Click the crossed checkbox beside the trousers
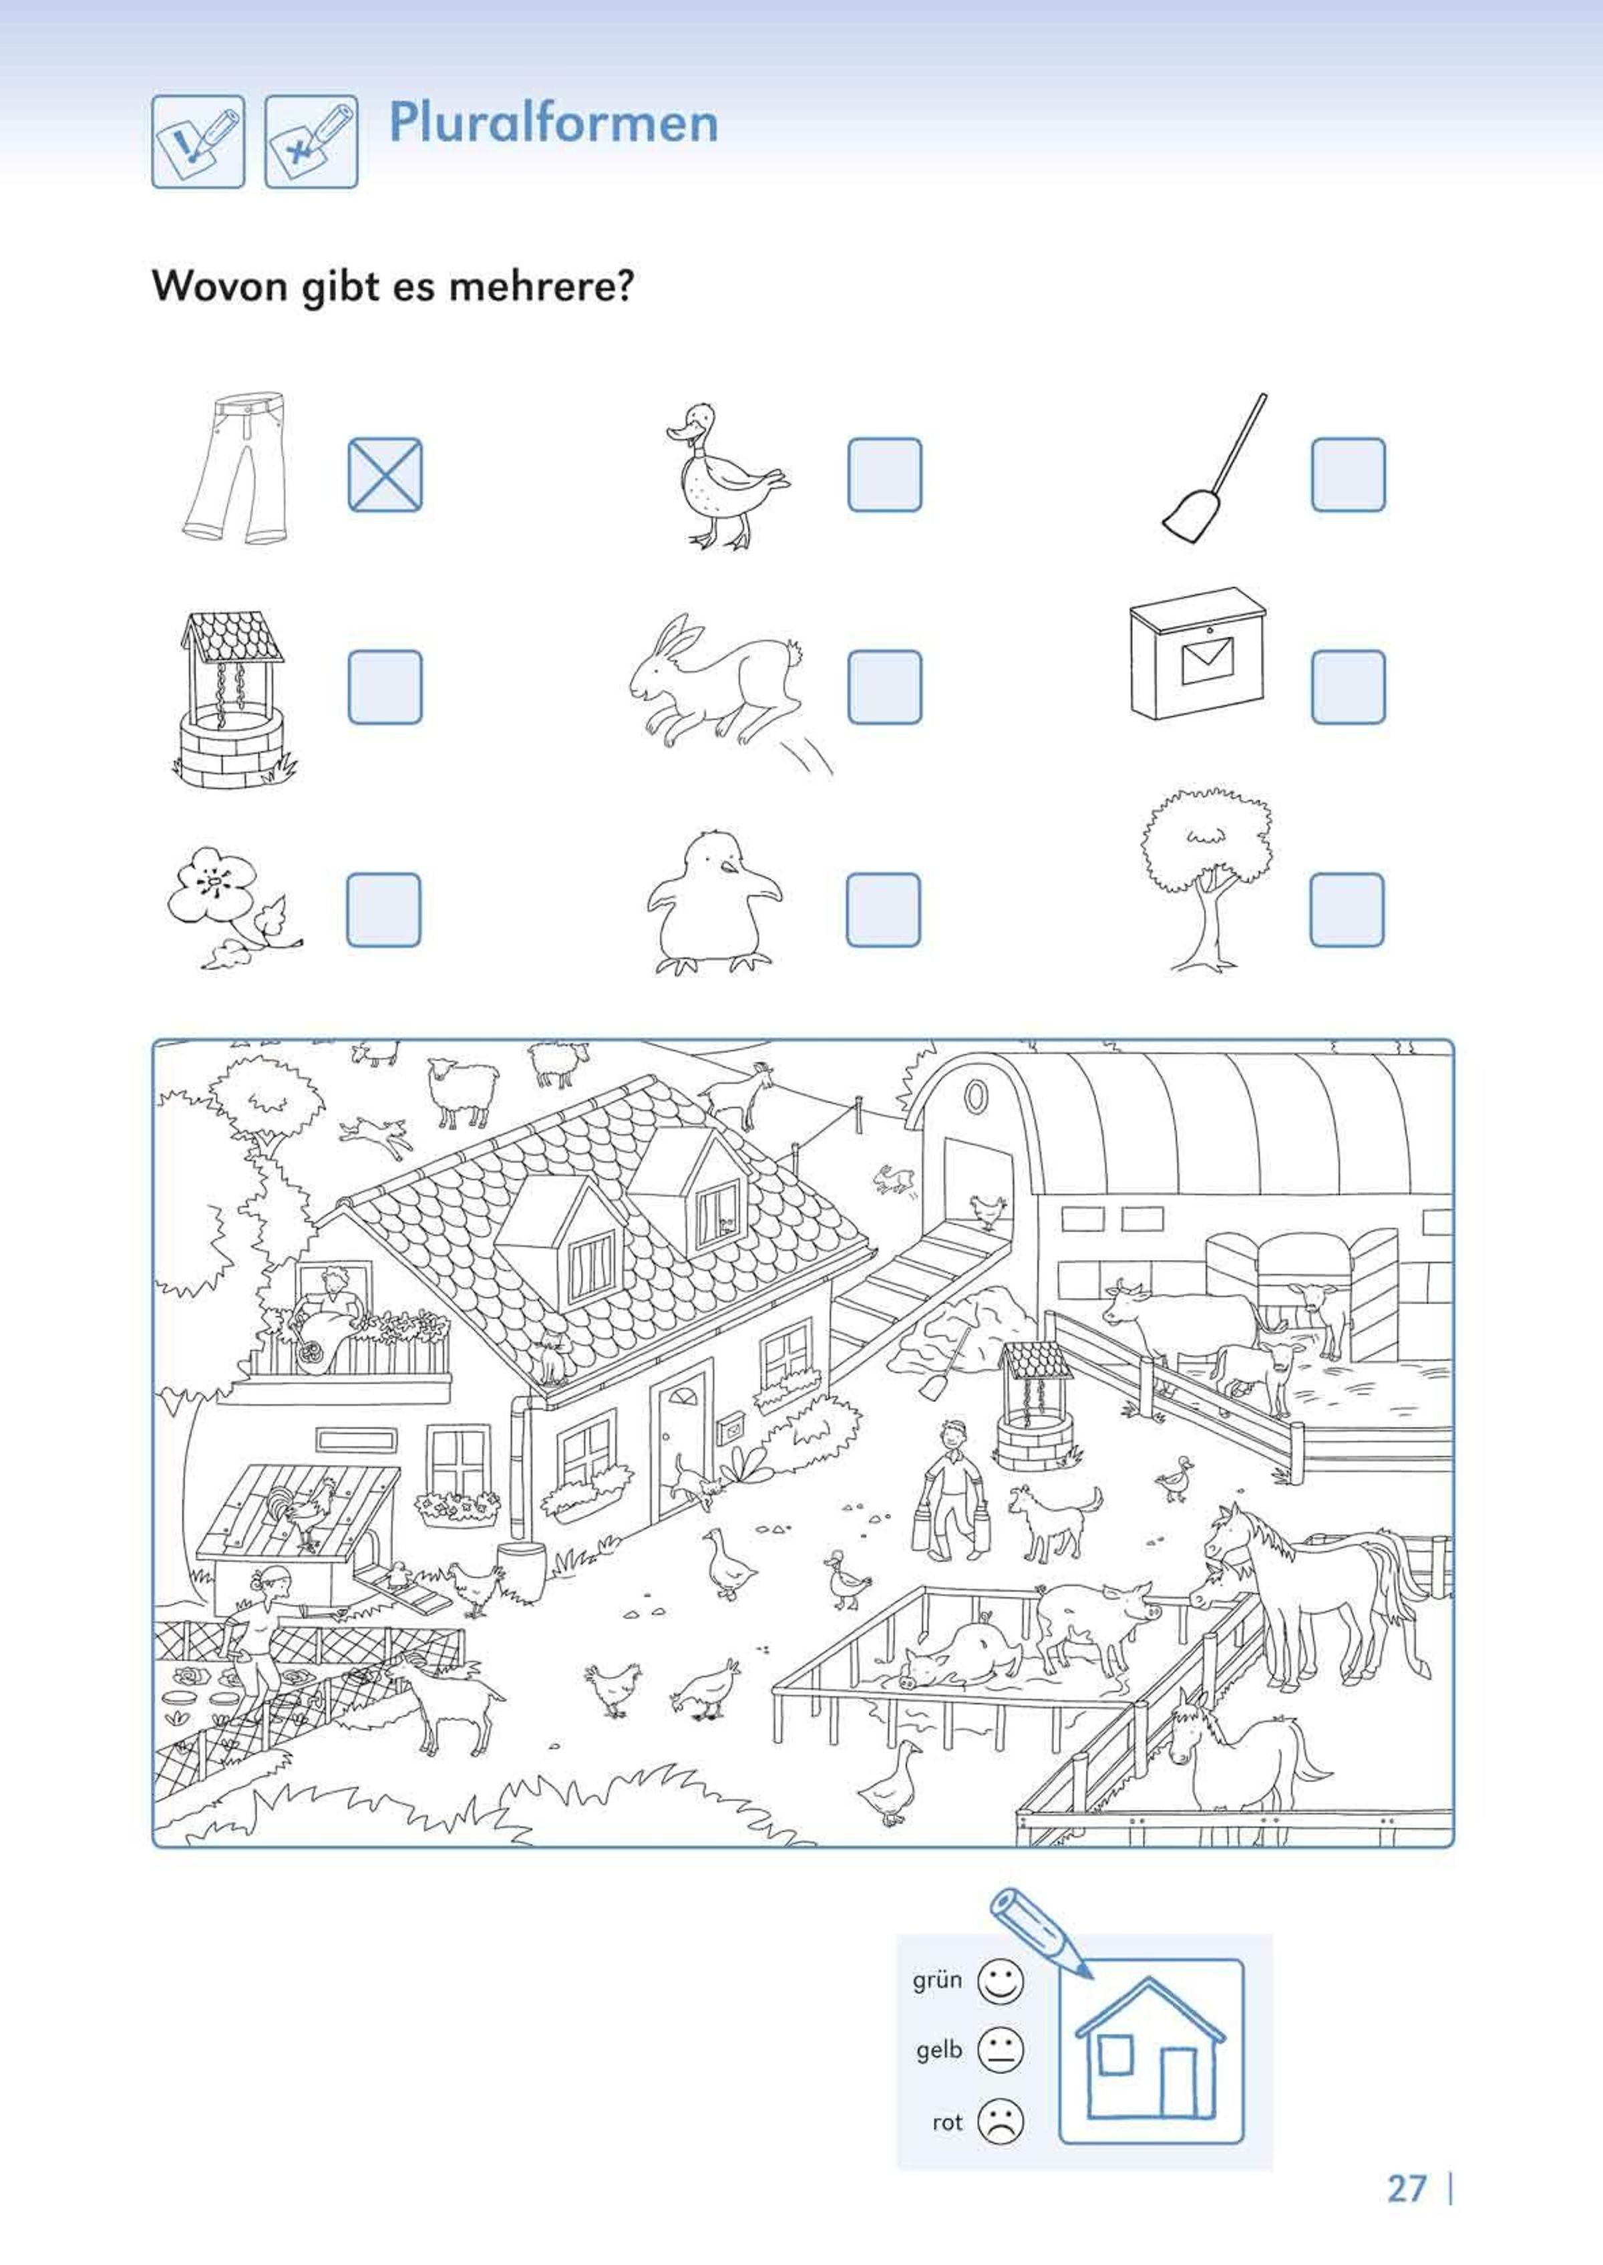385,475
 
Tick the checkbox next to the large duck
884,475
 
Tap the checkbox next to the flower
384,909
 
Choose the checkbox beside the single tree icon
1347,909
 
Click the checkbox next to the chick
884,909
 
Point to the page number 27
1407,2189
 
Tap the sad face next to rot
1000,2121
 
